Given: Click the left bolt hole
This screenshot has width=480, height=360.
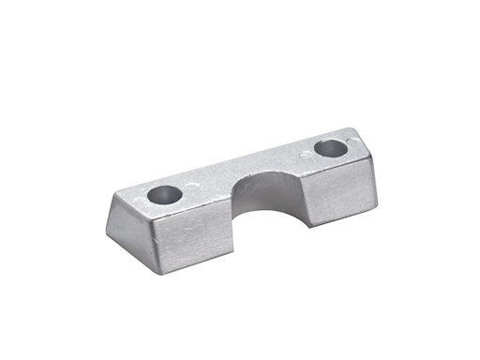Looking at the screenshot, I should click(x=164, y=197).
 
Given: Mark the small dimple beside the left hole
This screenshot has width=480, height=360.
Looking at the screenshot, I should click(x=192, y=187).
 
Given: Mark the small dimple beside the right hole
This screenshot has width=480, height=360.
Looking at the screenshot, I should click(x=303, y=152).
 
